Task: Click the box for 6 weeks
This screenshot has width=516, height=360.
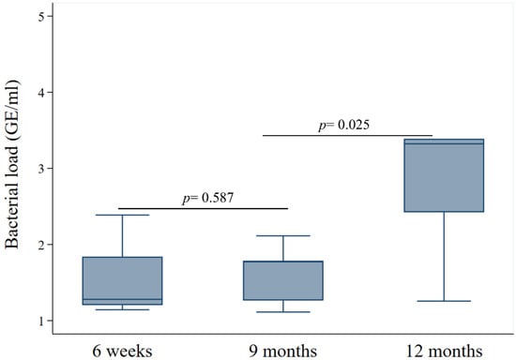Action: [122, 280]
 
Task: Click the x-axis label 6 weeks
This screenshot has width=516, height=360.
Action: [122, 351]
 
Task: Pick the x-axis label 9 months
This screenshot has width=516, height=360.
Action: [283, 351]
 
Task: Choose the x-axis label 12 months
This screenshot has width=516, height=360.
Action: [444, 351]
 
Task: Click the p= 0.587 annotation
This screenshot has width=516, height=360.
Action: [203, 198]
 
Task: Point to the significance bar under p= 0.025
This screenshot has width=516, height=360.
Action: [346, 135]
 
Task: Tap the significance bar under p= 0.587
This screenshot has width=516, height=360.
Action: [203, 208]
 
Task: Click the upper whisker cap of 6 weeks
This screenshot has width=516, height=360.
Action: [122, 215]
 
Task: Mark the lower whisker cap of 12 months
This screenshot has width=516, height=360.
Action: [444, 301]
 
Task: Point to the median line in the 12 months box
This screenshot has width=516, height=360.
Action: [444, 143]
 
